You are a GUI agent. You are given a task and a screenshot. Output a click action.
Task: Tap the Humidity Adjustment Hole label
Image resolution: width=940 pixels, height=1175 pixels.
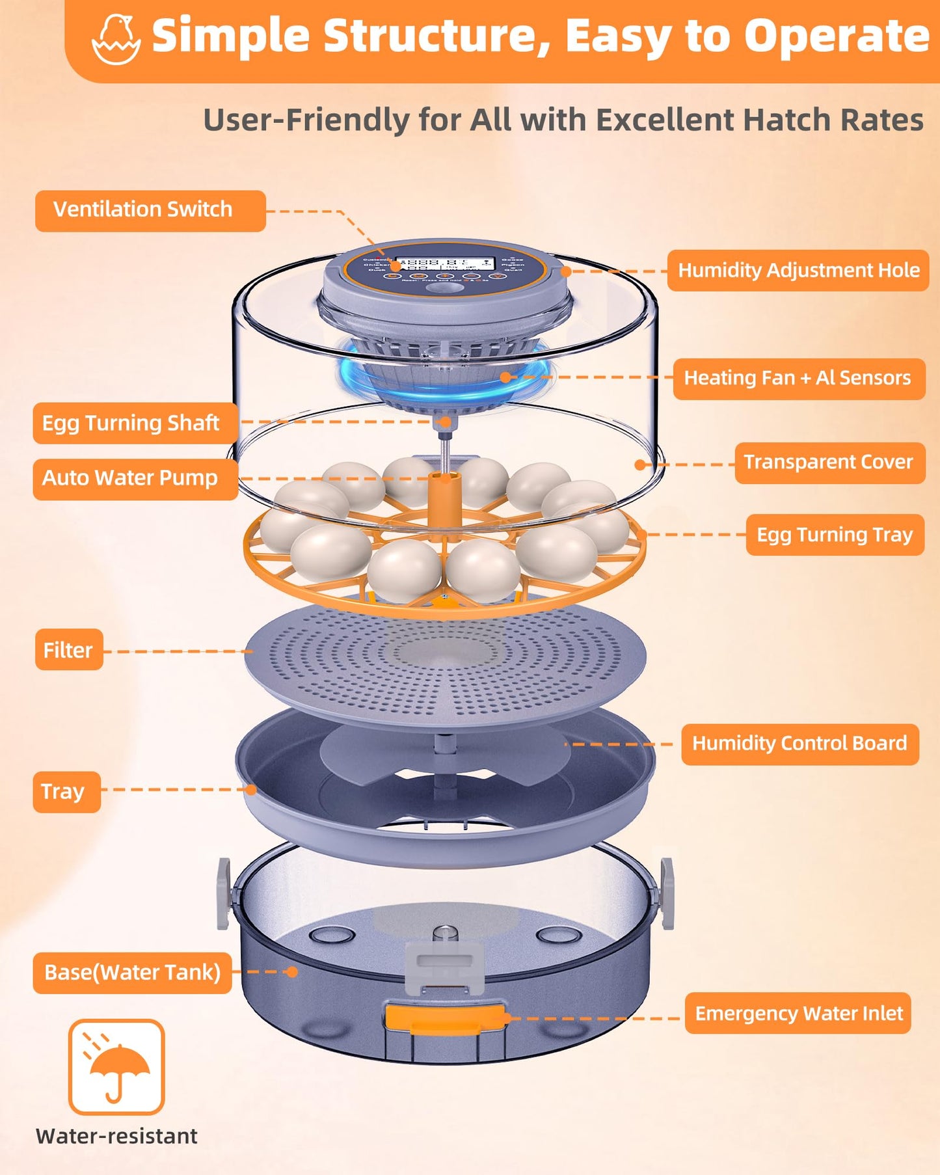798,270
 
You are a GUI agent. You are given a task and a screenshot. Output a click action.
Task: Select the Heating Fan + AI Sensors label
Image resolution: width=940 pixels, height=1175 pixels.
799,378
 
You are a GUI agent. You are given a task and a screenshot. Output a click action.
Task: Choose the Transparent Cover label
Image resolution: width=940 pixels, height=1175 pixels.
829,463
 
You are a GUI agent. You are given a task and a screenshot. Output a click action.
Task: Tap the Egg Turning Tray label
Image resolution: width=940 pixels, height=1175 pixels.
835,535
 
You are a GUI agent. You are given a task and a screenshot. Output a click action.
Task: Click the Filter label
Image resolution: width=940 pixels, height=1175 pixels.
68,650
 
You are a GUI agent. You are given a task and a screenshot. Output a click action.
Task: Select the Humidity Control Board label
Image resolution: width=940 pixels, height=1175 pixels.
799,744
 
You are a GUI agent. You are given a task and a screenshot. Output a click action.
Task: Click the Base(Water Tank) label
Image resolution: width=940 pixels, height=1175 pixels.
132,973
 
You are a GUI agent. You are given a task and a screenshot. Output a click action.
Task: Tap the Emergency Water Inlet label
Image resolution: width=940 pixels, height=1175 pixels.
798,1014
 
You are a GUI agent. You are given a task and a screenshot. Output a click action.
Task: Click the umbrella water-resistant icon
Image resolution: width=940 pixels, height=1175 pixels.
116,1066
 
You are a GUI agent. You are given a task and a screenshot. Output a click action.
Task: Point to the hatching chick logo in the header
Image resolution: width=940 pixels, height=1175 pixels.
116,39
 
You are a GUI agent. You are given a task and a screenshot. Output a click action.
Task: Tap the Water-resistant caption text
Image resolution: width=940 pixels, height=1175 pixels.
116,1136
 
